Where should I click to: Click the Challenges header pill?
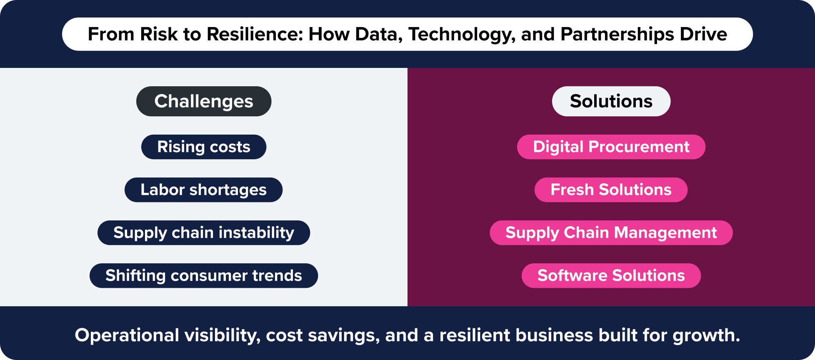point(204,101)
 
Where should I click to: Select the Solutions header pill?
point(611,101)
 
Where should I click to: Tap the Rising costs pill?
point(204,147)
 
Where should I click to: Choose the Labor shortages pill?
point(204,190)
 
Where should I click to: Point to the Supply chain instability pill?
point(204,232)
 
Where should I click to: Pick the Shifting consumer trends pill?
point(204,275)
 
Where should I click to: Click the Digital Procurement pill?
point(611,147)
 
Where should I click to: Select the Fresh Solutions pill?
point(611,190)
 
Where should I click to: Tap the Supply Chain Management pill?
point(611,232)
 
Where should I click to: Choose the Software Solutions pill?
point(611,275)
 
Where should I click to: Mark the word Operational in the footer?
point(127,336)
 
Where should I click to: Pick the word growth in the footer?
point(706,336)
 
